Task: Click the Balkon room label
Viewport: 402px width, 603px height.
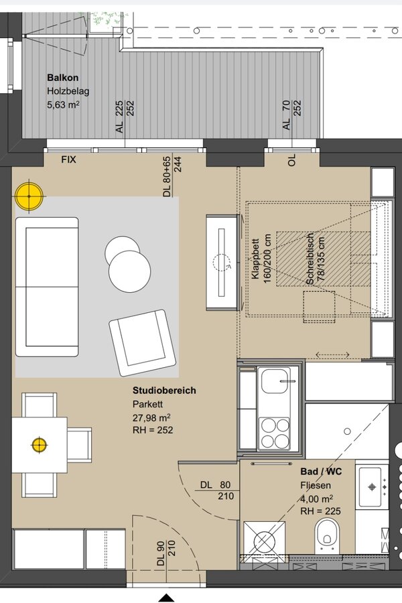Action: click(x=63, y=77)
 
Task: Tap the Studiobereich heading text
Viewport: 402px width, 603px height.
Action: click(x=164, y=391)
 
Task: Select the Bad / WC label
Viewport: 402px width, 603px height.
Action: click(x=321, y=472)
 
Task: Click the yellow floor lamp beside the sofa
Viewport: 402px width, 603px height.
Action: click(x=29, y=196)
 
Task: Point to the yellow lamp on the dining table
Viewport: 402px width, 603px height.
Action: click(x=40, y=445)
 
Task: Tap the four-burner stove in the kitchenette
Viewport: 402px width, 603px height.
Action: click(x=275, y=433)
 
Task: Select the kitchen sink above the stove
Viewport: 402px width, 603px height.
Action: click(x=275, y=381)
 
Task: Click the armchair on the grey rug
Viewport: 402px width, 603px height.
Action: click(x=142, y=342)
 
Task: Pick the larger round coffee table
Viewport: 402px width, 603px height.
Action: click(x=129, y=271)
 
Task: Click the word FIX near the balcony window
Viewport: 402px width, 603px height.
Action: click(x=69, y=159)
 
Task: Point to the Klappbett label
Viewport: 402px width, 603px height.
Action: click(x=256, y=259)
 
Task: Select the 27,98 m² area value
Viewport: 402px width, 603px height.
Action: click(x=151, y=417)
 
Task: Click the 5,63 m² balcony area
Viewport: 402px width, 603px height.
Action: click(x=63, y=105)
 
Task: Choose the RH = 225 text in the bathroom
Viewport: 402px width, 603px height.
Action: click(x=320, y=511)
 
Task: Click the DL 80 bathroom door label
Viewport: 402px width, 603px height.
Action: click(x=216, y=485)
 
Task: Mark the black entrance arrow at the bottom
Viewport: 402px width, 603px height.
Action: click(x=166, y=598)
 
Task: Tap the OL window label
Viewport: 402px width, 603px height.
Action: click(x=291, y=159)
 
